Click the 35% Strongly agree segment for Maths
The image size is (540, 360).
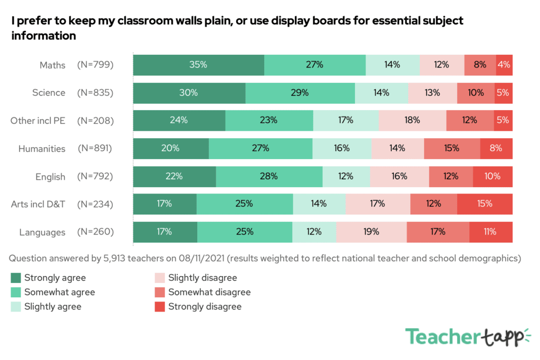tap(198, 65)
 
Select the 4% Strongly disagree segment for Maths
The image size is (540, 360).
tap(504, 65)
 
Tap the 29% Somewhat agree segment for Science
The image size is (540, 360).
tap(300, 93)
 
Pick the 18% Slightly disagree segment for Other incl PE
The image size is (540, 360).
tap(412, 120)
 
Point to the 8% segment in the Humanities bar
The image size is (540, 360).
tap(496, 148)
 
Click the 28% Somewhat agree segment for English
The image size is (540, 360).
tap(269, 176)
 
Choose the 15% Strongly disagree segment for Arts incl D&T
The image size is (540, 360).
tap(485, 203)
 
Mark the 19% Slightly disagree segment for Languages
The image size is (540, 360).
tap(371, 231)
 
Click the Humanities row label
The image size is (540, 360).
tap(42, 149)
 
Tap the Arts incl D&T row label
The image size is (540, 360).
tap(38, 204)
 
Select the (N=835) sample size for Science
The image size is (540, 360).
tap(95, 93)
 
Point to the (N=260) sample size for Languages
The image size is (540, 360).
tap(95, 232)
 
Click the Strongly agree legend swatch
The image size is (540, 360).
tap(16, 278)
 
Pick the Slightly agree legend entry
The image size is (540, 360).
tap(53, 307)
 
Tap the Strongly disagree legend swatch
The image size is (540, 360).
tap(160, 307)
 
